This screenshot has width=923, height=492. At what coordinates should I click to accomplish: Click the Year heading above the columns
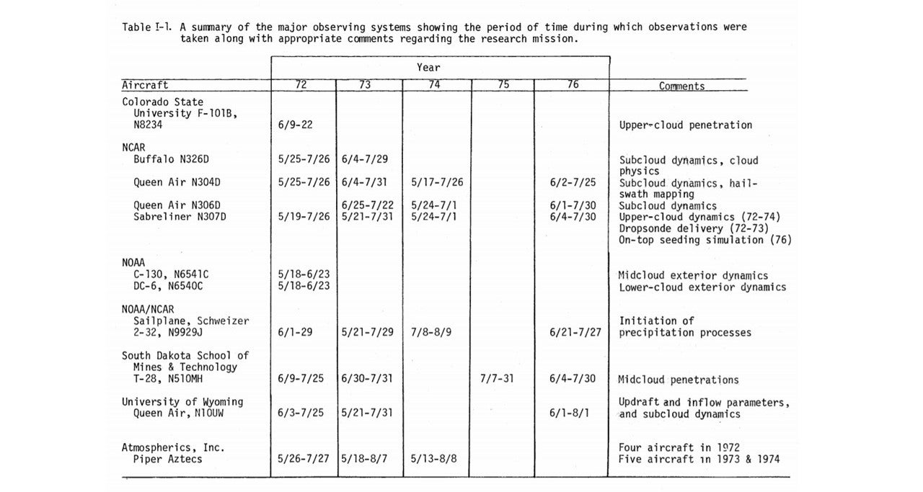(428, 67)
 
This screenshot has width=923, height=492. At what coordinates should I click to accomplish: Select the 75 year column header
(503, 85)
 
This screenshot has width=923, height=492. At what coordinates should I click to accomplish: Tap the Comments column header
(681, 86)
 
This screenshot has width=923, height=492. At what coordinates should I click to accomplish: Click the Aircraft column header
(145, 85)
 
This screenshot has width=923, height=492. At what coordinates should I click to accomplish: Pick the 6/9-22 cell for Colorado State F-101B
(295, 125)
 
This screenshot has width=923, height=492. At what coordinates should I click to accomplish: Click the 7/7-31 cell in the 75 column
(496, 379)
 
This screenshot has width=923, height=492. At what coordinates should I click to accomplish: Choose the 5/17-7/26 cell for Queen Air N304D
(437, 183)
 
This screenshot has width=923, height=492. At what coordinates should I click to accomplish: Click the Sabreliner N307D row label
(180, 216)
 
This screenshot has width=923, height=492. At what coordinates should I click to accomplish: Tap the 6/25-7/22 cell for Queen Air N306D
(368, 205)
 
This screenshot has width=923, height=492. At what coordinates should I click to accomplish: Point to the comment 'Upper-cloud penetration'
(685, 125)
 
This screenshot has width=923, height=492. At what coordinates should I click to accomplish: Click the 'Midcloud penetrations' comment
(678, 379)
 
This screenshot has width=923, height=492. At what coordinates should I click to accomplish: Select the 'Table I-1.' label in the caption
(149, 27)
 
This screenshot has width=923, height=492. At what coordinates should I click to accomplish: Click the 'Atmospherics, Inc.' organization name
(173, 447)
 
